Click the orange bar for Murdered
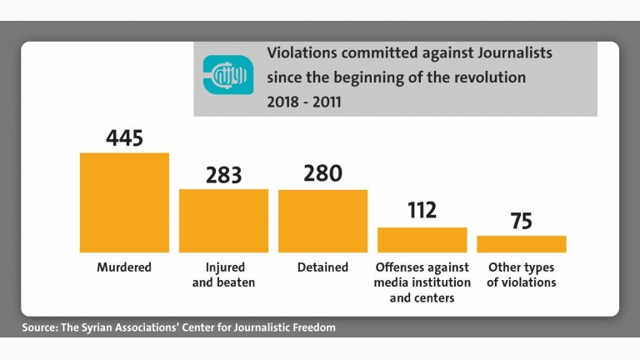[x=124, y=202]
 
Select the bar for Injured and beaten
[x=223, y=220]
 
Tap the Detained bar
[x=322, y=221]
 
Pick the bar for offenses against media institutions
[x=422, y=240]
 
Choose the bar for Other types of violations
[x=521, y=244]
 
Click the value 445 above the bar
[x=124, y=138]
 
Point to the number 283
[x=223, y=175]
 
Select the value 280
[x=322, y=173]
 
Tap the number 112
[x=422, y=210]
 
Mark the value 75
[x=521, y=221]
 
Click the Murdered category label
[x=124, y=267]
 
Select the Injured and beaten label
[x=223, y=275]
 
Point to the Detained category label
[x=322, y=267]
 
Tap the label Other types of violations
[x=521, y=275]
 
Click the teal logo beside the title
[x=228, y=75]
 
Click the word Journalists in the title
[x=515, y=53]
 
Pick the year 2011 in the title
[x=327, y=102]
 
